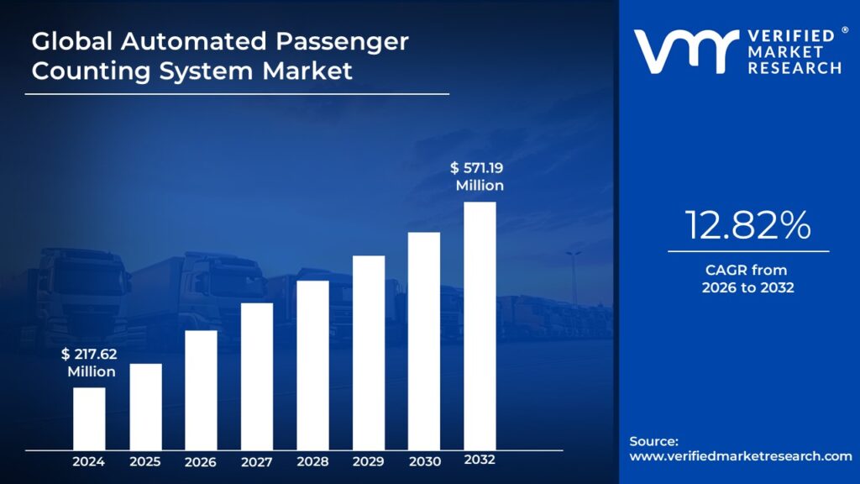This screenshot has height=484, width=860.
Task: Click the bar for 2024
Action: click(x=89, y=418)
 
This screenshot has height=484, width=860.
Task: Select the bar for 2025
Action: click(x=145, y=407)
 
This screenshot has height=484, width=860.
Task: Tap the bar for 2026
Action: click(x=201, y=390)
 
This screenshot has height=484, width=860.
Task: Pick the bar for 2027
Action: click(x=257, y=376)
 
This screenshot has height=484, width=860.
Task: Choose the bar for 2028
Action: click(x=312, y=366)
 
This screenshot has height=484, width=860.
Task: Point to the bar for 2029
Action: click(x=369, y=353)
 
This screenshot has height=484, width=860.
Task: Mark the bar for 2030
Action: click(x=424, y=341)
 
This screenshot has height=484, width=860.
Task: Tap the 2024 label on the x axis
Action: click(x=89, y=461)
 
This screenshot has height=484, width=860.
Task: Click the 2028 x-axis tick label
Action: click(x=312, y=461)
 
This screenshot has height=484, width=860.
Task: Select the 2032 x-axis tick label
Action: click(x=480, y=460)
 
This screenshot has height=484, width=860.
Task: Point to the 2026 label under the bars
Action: click(x=201, y=461)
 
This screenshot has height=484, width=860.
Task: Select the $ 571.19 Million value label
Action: click(x=479, y=176)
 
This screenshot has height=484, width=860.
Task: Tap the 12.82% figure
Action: click(x=747, y=225)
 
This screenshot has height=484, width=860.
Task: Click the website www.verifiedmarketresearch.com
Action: click(x=741, y=456)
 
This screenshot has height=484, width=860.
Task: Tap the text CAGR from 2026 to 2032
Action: click(x=747, y=279)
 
